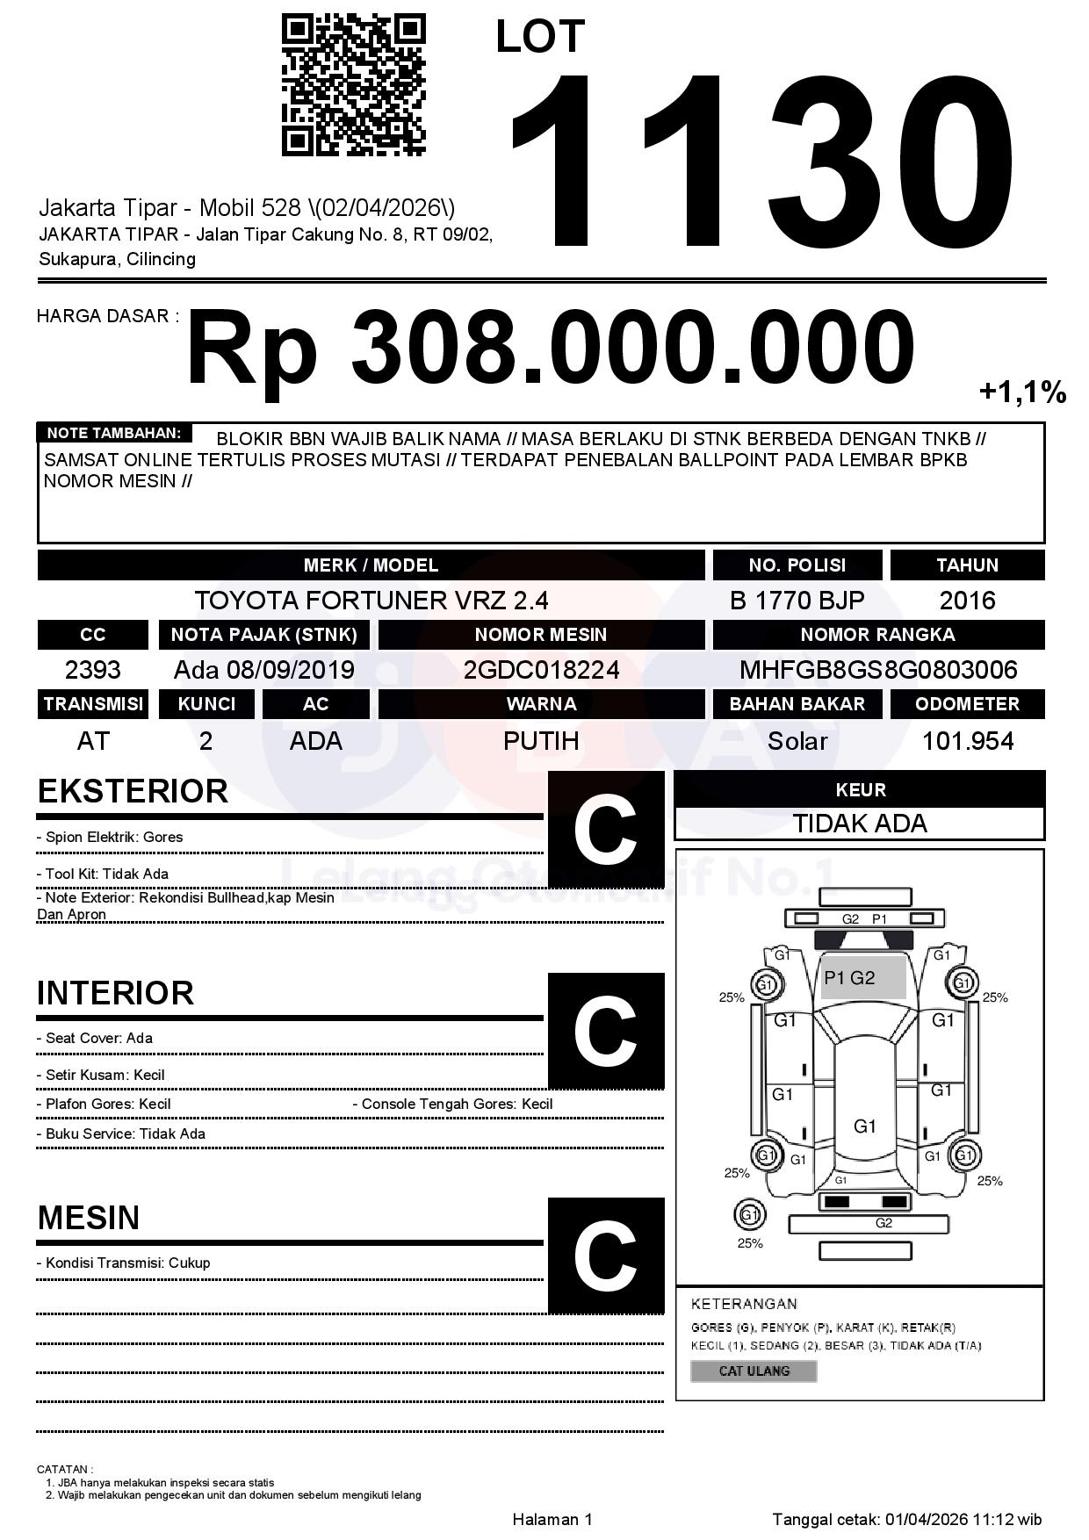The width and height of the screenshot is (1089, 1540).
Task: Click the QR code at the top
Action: coord(353,85)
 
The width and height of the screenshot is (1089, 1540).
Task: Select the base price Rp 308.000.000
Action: coord(550,348)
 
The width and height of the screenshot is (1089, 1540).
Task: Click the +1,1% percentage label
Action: coord(1022,392)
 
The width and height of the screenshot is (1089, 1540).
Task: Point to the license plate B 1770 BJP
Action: coord(797,601)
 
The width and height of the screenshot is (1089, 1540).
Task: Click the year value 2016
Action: coord(967,601)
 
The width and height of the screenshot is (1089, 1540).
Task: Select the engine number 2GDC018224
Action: coord(541,670)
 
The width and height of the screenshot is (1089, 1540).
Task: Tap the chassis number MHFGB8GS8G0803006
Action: coord(877,670)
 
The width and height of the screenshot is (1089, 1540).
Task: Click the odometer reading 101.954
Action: coord(967,741)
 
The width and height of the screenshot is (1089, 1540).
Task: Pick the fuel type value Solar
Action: coord(797,741)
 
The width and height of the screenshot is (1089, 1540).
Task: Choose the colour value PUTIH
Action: coord(541,741)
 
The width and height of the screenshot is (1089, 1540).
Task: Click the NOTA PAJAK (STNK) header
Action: coord(263,634)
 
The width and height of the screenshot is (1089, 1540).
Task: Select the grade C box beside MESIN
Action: coord(605,1255)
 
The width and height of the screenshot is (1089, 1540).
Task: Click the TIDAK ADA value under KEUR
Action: coord(860,824)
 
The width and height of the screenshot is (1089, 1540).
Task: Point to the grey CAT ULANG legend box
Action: coord(754,1371)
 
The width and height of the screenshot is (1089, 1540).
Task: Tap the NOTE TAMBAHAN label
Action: coord(114,433)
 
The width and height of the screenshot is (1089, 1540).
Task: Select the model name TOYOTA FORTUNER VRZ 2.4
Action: coord(371,601)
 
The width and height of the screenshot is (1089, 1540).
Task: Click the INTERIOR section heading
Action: coord(115,993)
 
